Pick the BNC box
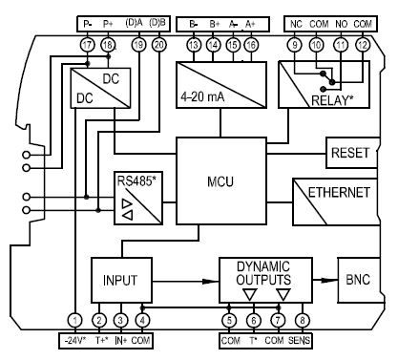pyautogui.click(x=355, y=281)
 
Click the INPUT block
pyautogui.click(x=121, y=281)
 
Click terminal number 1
pyautogui.click(x=74, y=321)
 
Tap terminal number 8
pyautogui.click(x=302, y=321)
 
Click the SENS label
pyautogui.click(x=303, y=339)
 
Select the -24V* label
pyautogui.click(x=73, y=339)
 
